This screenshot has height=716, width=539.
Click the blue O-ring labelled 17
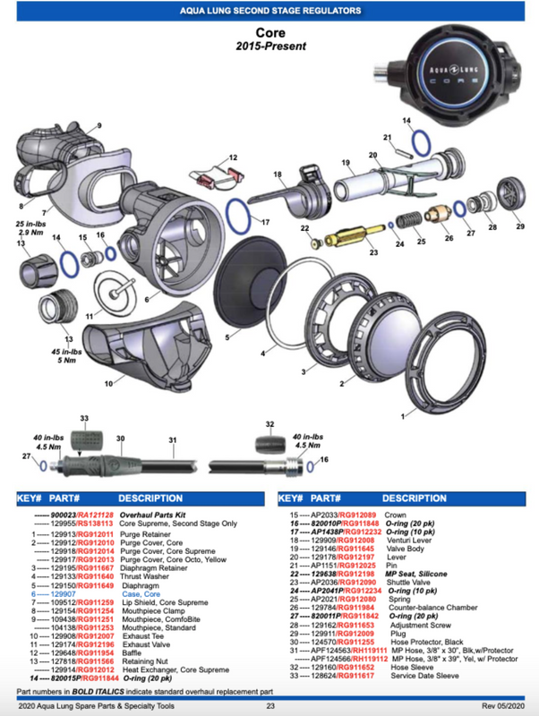(236, 213)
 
